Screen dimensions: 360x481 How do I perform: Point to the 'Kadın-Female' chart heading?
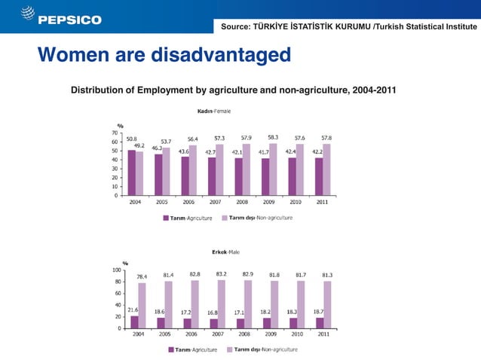[x=214, y=111]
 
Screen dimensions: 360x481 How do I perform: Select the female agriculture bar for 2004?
[x=132, y=172]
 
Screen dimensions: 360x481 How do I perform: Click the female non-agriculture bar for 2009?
[x=273, y=169]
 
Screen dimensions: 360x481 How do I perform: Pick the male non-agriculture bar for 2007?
[x=221, y=304]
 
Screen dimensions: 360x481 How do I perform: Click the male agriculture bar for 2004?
[x=134, y=322]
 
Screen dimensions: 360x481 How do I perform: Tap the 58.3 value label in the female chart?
[x=273, y=137]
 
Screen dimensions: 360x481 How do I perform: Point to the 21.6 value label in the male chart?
[x=132, y=309]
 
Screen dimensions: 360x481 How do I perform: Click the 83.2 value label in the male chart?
[x=222, y=273]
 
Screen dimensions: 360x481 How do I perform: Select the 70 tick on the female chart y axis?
[x=115, y=133]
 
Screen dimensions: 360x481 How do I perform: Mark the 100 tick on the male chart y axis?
[x=117, y=269]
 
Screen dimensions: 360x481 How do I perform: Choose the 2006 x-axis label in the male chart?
[x=192, y=334]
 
